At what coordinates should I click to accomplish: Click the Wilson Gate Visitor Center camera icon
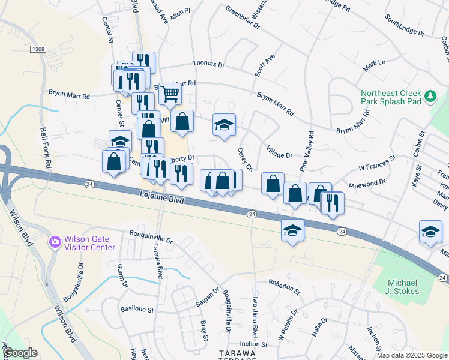click(x=55, y=242)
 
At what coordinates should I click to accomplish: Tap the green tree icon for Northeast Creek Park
click(x=430, y=96)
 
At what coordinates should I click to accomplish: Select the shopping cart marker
click(x=170, y=93)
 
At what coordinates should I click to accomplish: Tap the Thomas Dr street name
click(x=208, y=64)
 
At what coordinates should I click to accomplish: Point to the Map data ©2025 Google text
click(x=411, y=355)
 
